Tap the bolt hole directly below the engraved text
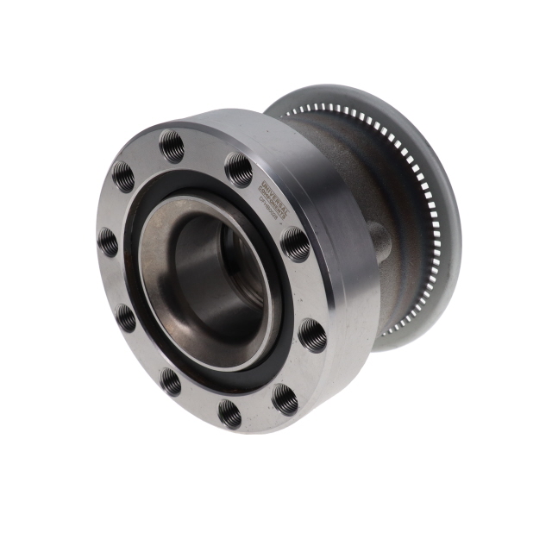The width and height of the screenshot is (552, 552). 295,244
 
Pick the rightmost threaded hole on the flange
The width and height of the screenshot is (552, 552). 312,335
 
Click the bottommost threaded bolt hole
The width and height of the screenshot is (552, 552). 230,413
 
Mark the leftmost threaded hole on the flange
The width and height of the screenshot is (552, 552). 108,241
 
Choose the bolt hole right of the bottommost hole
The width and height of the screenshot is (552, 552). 285,398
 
